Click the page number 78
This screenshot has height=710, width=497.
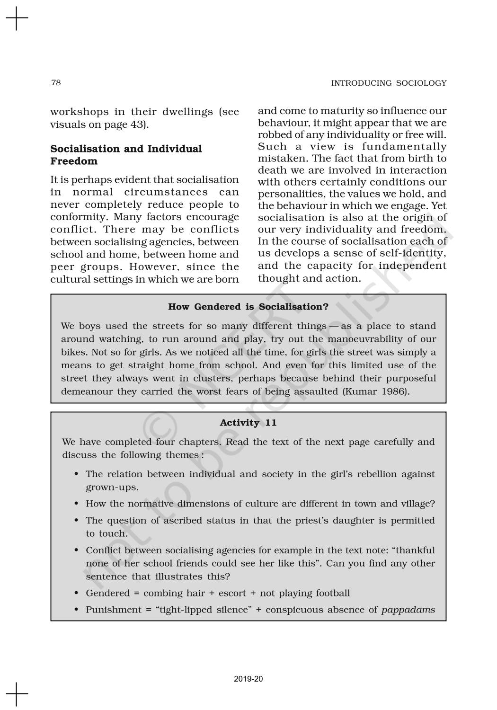coord(56,83)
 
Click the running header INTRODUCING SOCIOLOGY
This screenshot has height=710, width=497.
coord(389,83)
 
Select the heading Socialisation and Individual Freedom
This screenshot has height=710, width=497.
coord(126,155)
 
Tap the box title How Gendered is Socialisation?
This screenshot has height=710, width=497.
coord(248,307)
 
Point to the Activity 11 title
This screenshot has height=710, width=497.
coord(248,423)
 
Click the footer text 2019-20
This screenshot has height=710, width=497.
coord(248,679)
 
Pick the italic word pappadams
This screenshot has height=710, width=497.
coord(408,610)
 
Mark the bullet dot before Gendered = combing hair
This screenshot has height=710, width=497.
coord(76,594)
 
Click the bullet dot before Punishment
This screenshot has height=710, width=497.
coord(76,610)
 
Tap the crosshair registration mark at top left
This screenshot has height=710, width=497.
coord(17,18)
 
